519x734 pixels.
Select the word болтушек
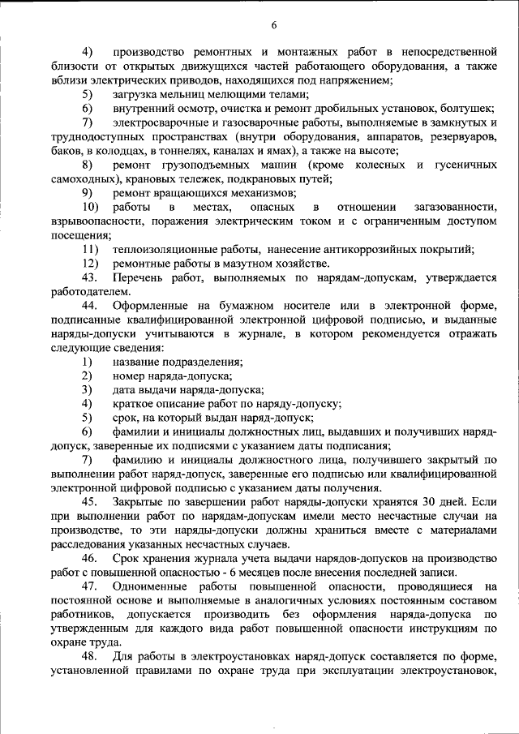(465, 108)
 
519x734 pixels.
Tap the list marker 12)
(89, 263)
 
